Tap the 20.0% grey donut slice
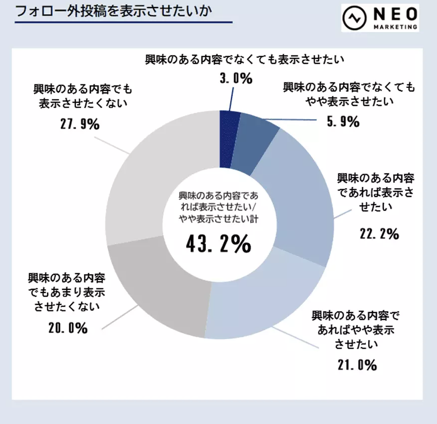161,286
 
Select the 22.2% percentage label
379,233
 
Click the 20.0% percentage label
68,329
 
